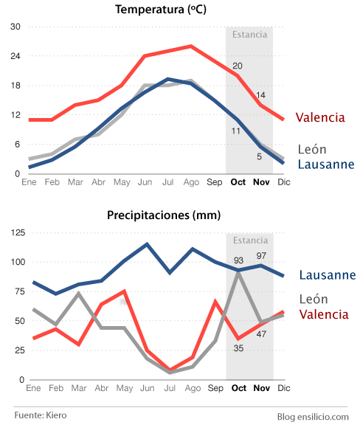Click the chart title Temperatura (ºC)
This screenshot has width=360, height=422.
161,10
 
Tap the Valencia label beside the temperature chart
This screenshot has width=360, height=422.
320,117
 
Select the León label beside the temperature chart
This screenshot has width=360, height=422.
311,149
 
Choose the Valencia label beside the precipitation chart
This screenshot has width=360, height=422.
323,314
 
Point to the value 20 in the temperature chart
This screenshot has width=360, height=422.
237,66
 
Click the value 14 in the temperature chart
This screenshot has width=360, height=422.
260,96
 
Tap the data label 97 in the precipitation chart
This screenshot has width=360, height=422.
260,256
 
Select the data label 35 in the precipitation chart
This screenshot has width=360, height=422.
238,347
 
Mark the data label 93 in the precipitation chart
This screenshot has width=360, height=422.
238,260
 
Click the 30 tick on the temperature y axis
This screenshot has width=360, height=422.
15,27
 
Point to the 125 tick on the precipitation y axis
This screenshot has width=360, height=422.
13,233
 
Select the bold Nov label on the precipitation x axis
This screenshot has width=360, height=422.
261,387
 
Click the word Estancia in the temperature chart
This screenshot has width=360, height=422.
249,35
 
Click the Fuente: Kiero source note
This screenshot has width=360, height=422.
40,415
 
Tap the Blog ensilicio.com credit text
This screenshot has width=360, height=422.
313,416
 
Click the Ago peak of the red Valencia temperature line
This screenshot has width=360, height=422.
191,46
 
